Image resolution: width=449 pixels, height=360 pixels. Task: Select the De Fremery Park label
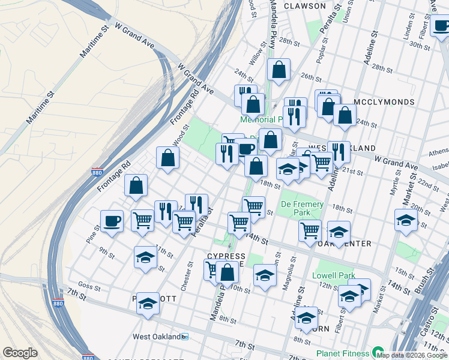tap(302, 209)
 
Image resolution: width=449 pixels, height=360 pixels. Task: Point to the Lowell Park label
tap(334, 276)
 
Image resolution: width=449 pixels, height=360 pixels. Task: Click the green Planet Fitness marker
tap(378, 353)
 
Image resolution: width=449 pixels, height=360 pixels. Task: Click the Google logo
tap(20, 353)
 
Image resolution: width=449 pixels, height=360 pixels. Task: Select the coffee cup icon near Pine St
tap(112, 221)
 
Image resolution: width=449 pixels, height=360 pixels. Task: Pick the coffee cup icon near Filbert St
tap(441, 26)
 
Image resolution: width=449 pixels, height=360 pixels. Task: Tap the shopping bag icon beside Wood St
tap(169, 158)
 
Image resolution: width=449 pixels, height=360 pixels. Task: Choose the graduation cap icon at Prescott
tap(148, 304)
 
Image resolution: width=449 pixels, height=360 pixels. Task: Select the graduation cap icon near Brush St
tap(406, 220)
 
